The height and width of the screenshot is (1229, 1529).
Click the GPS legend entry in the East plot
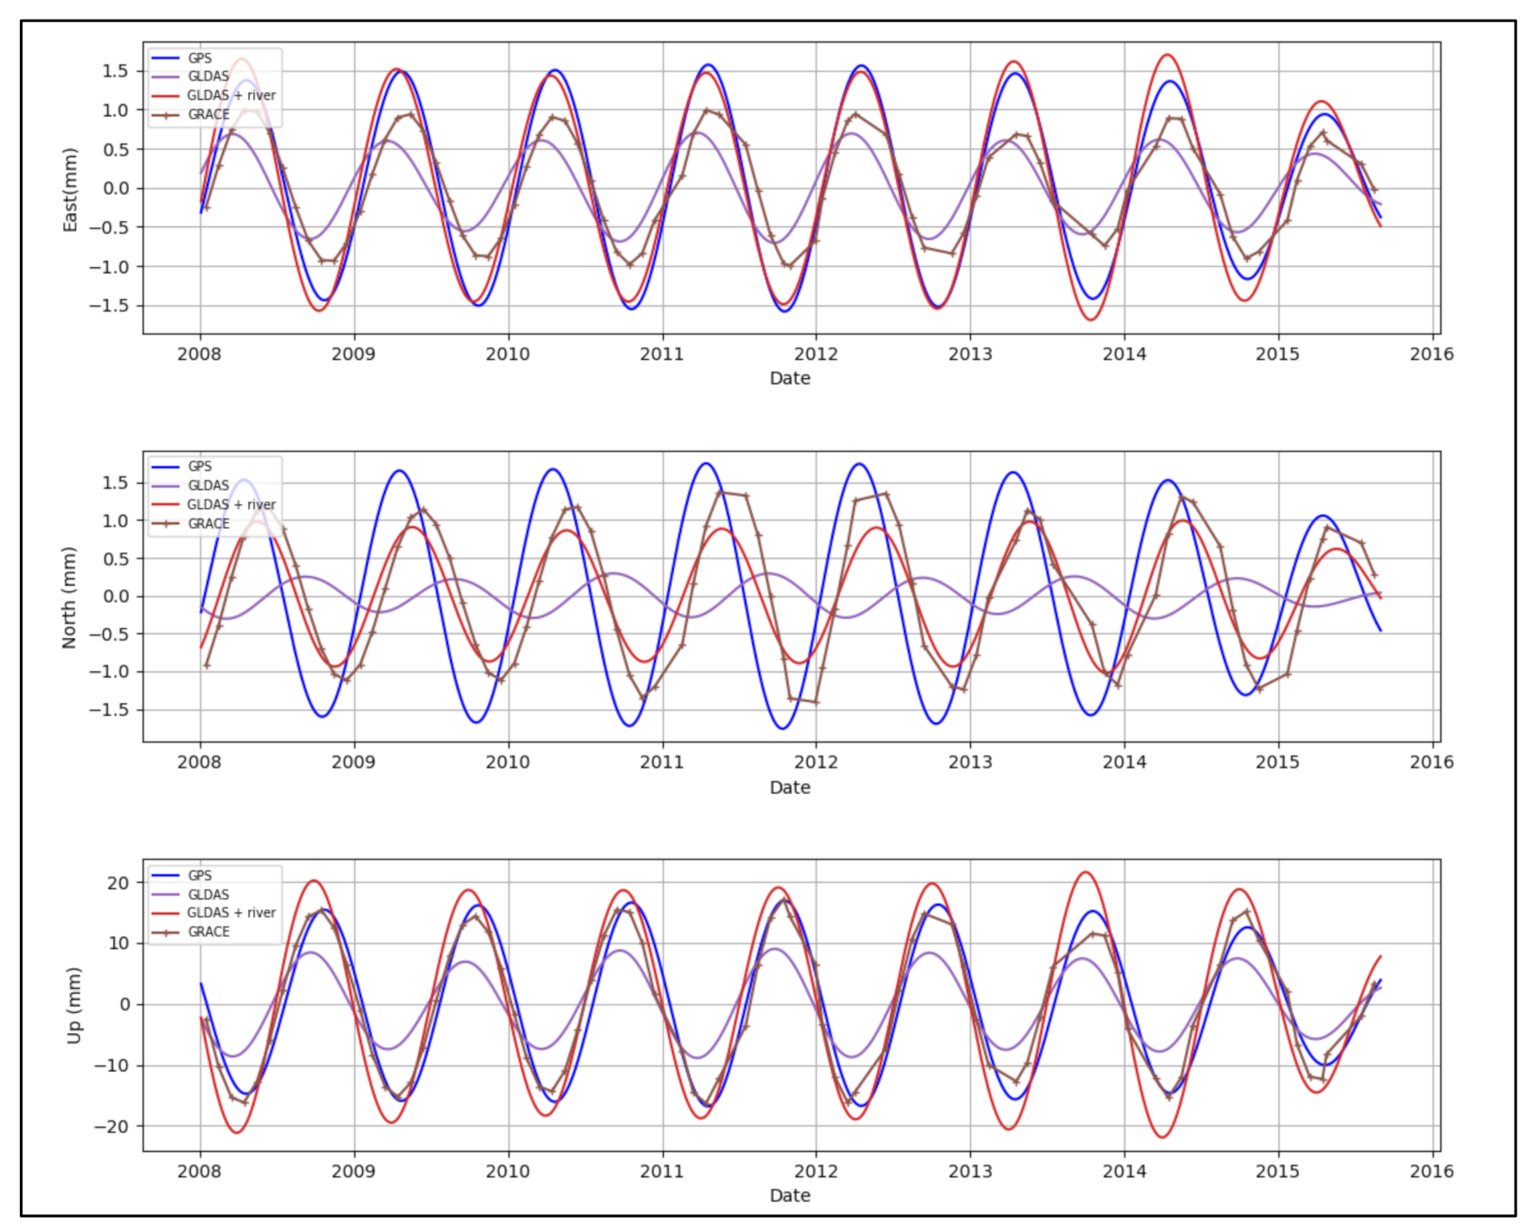(x=200, y=58)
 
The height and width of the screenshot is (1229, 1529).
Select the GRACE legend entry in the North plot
(x=208, y=524)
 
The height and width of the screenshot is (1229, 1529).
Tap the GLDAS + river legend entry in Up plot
(x=231, y=913)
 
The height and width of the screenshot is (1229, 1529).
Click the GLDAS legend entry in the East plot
(x=208, y=76)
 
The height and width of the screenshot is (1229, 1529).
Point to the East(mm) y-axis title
(x=70, y=190)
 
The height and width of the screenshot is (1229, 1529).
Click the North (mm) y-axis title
(x=69, y=598)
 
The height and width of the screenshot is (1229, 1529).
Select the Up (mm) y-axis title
(x=74, y=1005)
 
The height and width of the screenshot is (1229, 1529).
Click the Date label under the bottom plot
(x=790, y=1196)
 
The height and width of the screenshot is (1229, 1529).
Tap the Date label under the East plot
(x=790, y=379)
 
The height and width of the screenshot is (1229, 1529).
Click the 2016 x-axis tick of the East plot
(x=1432, y=354)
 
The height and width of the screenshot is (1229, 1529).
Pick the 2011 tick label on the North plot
(x=662, y=762)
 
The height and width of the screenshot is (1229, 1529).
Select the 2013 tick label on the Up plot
(x=970, y=1172)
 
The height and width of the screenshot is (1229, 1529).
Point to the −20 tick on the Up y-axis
(x=111, y=1127)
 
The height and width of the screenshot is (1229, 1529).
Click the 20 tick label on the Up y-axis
(x=118, y=883)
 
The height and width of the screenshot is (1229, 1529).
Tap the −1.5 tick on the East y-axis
(x=108, y=306)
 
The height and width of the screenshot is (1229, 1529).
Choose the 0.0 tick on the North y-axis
(x=115, y=597)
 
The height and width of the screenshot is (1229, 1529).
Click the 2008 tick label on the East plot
(x=200, y=354)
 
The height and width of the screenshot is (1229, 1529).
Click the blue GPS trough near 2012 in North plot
(x=782, y=729)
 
